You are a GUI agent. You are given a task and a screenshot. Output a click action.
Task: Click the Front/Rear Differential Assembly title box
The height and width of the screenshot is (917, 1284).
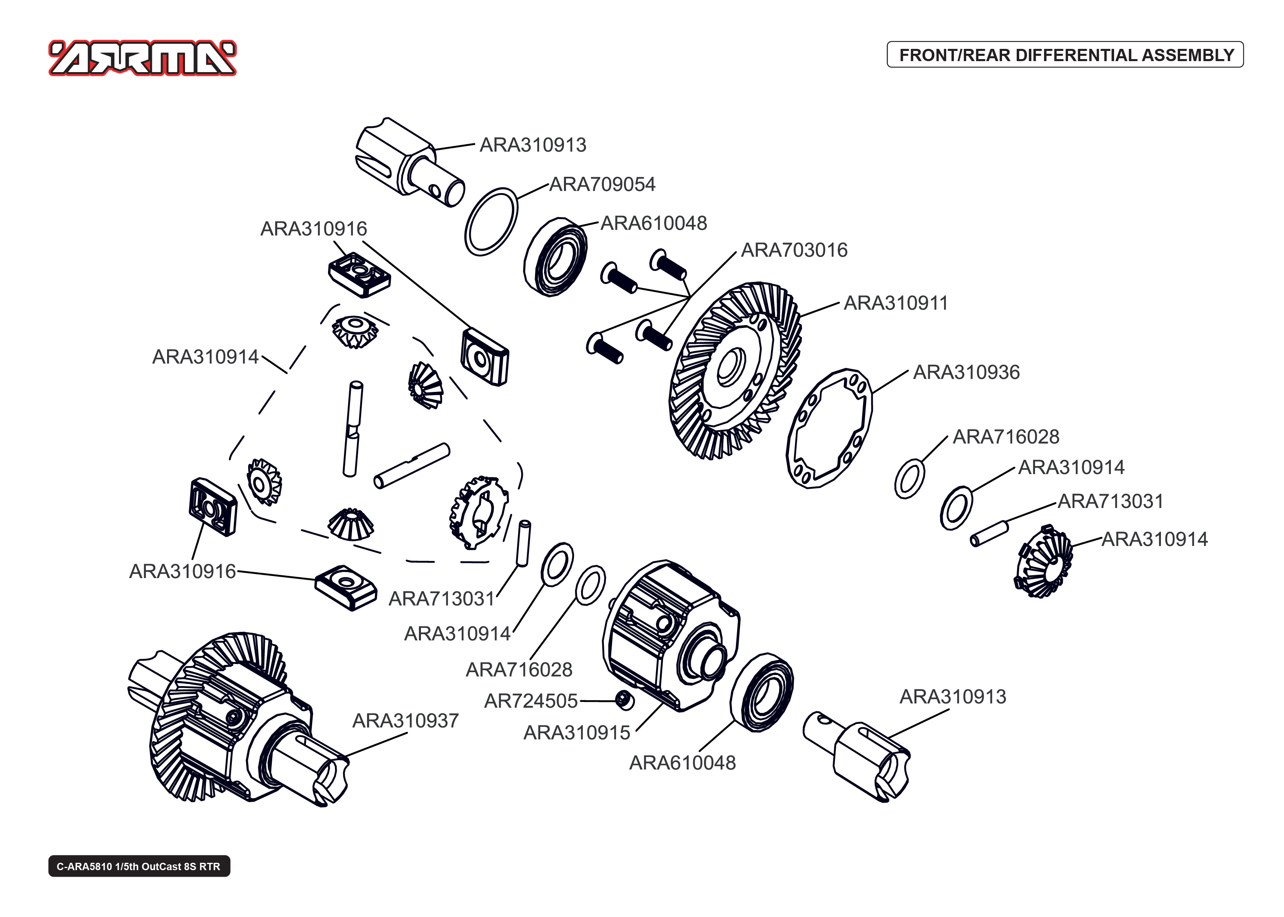(x=1065, y=55)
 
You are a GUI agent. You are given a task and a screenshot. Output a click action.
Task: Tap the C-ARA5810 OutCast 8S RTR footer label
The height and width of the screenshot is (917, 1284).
(x=139, y=866)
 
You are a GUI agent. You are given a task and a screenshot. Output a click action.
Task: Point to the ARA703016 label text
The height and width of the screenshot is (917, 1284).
(x=794, y=250)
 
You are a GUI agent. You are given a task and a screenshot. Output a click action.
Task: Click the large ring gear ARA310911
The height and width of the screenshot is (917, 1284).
(x=734, y=370)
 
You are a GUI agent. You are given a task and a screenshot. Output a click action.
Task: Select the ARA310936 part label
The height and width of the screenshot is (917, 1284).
(x=966, y=372)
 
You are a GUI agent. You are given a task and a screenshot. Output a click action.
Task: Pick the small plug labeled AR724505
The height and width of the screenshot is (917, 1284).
(x=624, y=700)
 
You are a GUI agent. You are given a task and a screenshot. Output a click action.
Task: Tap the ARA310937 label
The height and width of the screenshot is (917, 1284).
(x=405, y=721)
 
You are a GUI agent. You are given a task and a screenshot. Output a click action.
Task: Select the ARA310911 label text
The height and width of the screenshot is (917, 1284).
(x=896, y=303)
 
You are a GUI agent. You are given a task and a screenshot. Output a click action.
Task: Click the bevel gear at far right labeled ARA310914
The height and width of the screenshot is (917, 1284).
(x=1044, y=562)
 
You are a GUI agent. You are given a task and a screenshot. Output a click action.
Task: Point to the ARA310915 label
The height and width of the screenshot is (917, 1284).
(x=577, y=732)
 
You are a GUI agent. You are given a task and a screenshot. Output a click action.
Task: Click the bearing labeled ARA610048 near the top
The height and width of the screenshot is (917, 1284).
(x=555, y=257)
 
